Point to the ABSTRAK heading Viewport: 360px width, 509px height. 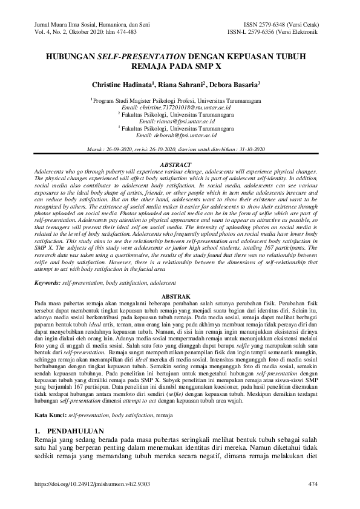pyautogui.click(x=180, y=294)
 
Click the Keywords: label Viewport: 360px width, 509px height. pyautogui.click(x=47, y=282)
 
